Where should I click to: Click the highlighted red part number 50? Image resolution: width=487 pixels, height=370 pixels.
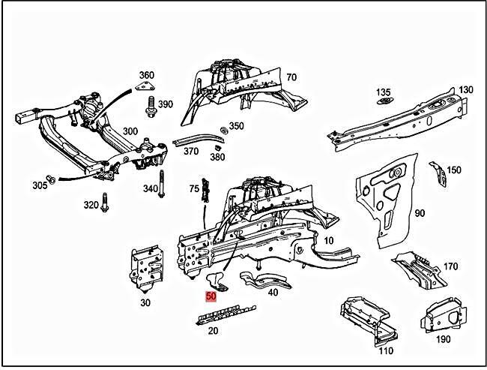pos(211,296)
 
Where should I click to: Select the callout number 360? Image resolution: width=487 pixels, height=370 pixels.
pos(147,76)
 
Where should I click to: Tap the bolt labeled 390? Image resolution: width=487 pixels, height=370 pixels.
pos(151,104)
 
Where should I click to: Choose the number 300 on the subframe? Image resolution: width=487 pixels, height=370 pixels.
pos(130,131)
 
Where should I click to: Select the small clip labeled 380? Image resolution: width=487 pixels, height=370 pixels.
pos(216,146)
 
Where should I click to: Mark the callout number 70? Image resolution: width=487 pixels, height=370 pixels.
pos(291,77)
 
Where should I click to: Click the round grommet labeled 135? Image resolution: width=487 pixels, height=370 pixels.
pos(384,101)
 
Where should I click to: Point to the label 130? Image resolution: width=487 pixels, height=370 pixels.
pos(466,90)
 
